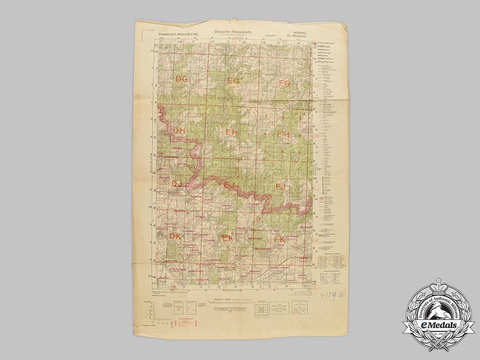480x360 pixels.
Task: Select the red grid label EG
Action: (x=233, y=81)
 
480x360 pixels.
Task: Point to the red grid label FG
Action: (x=285, y=83)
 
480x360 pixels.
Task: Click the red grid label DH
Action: (x=179, y=131)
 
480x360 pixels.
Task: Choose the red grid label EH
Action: (x=232, y=132)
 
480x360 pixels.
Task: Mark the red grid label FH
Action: (x=284, y=135)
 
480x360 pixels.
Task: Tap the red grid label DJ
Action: (x=177, y=183)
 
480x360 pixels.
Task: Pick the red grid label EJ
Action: (x=229, y=185)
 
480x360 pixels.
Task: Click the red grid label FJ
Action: (x=281, y=186)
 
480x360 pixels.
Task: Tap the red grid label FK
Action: (x=279, y=239)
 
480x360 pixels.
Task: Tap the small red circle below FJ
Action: (x=258, y=219)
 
